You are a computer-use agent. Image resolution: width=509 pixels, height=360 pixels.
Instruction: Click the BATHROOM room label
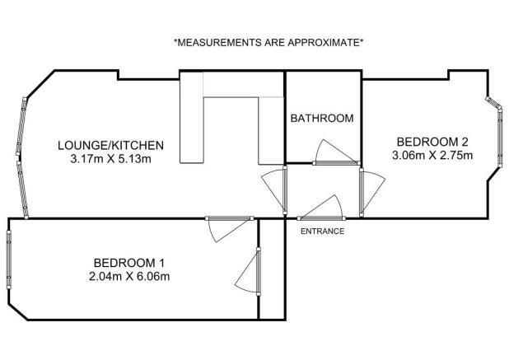(322, 118)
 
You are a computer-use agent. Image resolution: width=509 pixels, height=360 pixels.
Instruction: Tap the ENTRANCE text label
(322, 231)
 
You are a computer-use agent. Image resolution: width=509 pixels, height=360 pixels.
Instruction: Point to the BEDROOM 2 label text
(433, 141)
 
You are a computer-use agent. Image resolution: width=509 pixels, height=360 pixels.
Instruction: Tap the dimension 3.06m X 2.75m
(433, 155)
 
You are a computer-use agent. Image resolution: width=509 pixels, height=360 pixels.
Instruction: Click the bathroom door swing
(333, 152)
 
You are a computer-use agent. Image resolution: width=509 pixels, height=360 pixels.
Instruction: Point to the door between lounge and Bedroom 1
(227, 228)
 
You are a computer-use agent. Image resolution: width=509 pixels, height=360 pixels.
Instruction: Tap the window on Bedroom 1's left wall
(8, 259)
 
